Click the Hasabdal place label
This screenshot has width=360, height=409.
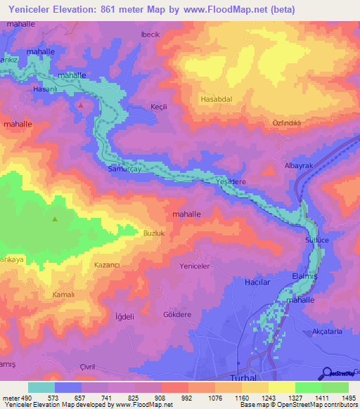217,100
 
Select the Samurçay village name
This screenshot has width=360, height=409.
125,169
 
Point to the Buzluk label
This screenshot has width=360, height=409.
154,233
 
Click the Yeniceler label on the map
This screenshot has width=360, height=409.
195,266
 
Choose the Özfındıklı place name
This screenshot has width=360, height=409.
286,123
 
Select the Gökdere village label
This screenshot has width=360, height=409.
176,314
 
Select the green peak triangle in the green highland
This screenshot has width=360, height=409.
55,219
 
